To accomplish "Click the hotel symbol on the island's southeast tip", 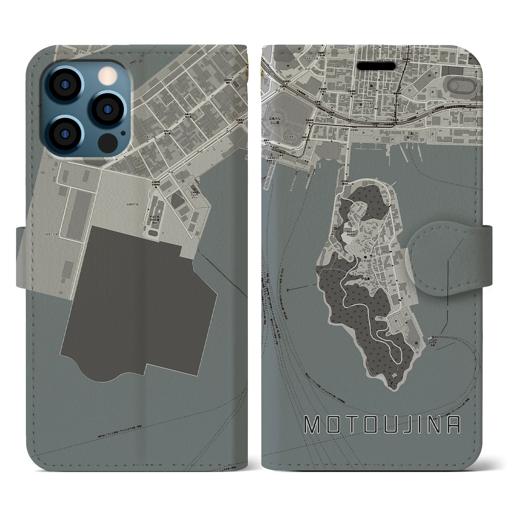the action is [x=417, y=342].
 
